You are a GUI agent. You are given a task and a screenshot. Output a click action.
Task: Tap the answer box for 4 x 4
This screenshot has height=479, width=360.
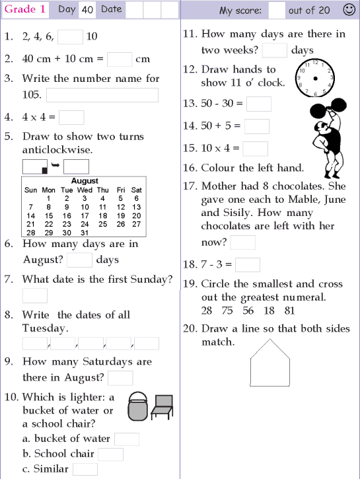coord(71,118)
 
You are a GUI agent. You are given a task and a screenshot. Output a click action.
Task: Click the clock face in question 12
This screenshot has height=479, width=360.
coord(316,78)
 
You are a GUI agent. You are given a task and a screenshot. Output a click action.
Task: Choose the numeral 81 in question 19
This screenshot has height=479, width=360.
coord(289,311)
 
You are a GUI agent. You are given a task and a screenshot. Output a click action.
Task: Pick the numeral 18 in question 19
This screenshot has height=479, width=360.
coord(269,311)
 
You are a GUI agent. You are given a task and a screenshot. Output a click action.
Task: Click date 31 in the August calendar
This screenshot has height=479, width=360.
coord(84,233)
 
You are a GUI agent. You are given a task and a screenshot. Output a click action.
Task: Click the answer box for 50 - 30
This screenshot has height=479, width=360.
coord(259,104)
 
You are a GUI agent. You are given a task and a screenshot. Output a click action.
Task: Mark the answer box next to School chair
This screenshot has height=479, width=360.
coord(111,454)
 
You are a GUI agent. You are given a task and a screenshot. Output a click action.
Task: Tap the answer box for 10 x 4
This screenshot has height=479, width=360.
coord(256,149)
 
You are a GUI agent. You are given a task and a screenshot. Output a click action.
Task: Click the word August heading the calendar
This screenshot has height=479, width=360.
coord(84,180)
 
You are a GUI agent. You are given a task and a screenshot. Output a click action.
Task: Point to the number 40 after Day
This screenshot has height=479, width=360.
coord(87,10)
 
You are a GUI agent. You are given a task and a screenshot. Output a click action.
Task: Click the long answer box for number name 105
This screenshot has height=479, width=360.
coord(102,95)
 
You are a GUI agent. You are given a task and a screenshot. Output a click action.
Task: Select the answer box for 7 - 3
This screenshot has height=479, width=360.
coord(248,265)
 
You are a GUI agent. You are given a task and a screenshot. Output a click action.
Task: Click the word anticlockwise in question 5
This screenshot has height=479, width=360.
coord(57,150)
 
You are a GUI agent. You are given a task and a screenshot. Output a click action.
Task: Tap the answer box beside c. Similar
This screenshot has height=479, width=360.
coord(85,469)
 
